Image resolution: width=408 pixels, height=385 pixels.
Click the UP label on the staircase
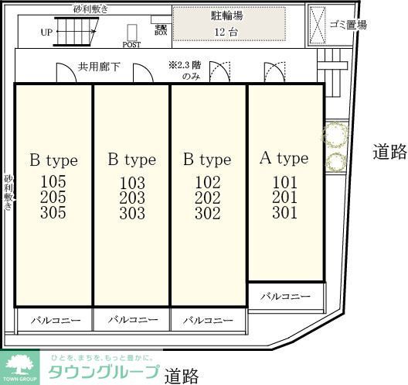coord(47,33)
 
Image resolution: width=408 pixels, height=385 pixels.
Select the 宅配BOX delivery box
coord(161,29)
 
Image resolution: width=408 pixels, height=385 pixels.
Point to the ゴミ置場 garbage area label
coord(347,24)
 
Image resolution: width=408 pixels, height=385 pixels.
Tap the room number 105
coord(53,182)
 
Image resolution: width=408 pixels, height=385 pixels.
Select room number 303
coord(132,213)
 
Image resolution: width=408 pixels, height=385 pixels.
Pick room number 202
coord(207,198)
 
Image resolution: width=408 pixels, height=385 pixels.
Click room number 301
coord(284,211)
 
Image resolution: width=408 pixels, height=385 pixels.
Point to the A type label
coord(284,158)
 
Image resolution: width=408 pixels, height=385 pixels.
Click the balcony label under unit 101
coord(284,297)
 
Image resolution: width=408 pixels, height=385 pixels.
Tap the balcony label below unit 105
coord(54,319)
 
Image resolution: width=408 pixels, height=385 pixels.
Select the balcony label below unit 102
coord(209,319)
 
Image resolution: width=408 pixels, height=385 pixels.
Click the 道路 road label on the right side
coord(389,151)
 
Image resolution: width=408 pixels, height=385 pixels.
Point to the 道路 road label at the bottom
coord(182,376)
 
